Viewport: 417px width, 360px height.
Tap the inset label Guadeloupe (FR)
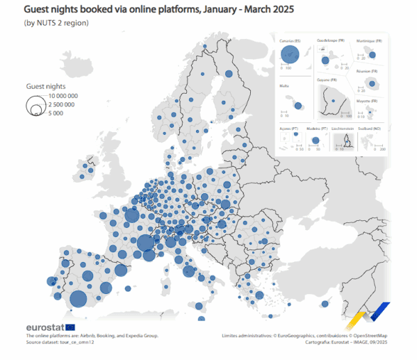pyautogui.click(x=330, y=41)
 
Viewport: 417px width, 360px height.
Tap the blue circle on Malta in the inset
pyautogui.click(x=297, y=106)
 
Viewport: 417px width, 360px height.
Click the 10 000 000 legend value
pyautogui.click(x=61, y=96)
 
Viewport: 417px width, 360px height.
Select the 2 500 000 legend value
pyautogui.click(x=59, y=104)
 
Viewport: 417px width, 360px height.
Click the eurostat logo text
pyautogui.click(x=44, y=327)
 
